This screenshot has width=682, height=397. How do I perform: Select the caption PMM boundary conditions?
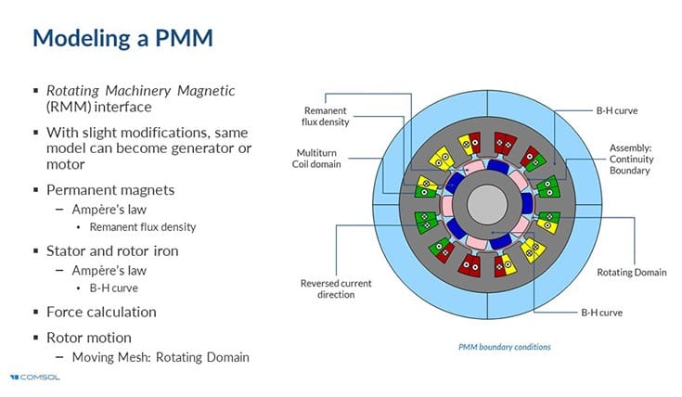click(504, 347)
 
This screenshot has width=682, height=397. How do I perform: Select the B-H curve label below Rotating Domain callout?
click(604, 314)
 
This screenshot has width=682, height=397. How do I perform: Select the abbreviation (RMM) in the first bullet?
click(66, 106)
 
